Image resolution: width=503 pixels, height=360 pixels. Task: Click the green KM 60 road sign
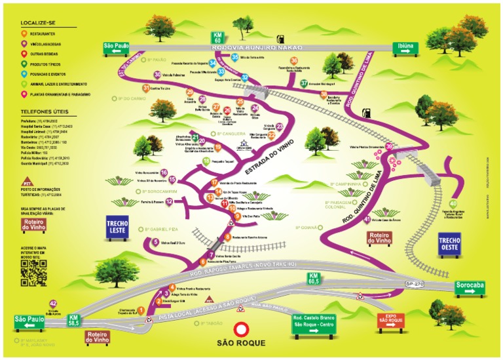point(216,37)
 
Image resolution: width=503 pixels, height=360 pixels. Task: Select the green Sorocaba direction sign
point(476,286)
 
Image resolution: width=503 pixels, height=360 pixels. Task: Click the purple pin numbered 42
point(54,304)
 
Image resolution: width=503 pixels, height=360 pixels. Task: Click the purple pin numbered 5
point(156,241)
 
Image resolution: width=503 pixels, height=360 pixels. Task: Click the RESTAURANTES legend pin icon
point(24,33)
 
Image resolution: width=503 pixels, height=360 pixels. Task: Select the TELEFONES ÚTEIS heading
point(40,113)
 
